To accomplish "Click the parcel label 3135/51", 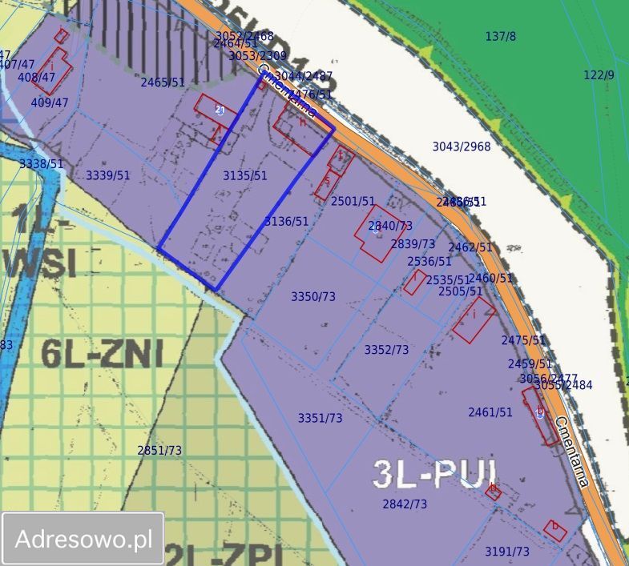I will point(244,175).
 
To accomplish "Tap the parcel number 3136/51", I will point(286,221).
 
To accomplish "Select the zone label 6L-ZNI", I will point(102,353).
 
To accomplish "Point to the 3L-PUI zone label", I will point(435,474).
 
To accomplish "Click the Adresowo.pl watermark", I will point(83,539).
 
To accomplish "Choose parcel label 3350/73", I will point(312,296).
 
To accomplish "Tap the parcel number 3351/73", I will point(320,418).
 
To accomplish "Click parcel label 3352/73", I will point(386,350).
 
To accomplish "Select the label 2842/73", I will point(405,504).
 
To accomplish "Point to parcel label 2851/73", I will point(159,450).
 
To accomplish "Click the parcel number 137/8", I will point(501,36).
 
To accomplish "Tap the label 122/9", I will point(599,74).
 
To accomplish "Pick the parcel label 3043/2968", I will point(461,147).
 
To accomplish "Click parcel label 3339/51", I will point(107,175).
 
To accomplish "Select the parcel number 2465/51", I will point(162,82).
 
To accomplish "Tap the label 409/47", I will point(50,102).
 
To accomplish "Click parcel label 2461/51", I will point(490,412).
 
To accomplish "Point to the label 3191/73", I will point(506,552).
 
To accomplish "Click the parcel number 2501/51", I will point(353,202).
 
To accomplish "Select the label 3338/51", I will point(41,163).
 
